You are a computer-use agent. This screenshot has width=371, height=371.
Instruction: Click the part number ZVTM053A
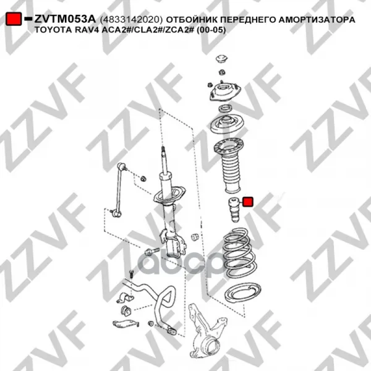[x=65, y=19]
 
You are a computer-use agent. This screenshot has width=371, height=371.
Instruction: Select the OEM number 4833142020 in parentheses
[x=131, y=20]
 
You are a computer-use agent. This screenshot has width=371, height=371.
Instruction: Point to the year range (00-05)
[x=211, y=30]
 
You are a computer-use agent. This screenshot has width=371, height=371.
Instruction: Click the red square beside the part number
[x=14, y=19]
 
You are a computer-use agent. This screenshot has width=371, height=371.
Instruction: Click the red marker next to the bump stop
[x=248, y=202]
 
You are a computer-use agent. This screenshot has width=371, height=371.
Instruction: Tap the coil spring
[x=239, y=252]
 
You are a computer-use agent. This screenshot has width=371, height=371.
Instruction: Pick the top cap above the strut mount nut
[x=222, y=59]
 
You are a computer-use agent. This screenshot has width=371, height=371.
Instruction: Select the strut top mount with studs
[x=224, y=92]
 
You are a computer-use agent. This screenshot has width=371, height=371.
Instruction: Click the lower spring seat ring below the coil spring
[x=242, y=292]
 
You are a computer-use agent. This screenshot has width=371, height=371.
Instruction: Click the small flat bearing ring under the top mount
[x=226, y=109]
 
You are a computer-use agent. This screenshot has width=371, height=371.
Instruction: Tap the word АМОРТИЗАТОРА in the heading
[x=317, y=20]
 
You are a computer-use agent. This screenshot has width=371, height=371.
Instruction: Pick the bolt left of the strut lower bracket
[x=152, y=250]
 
